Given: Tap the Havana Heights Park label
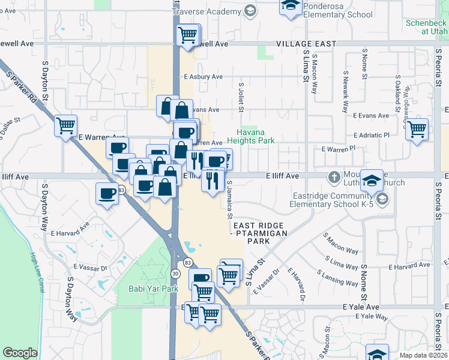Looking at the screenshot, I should pyautogui.click(x=255, y=136).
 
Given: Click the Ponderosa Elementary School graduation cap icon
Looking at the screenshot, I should pyautogui.click(x=290, y=7).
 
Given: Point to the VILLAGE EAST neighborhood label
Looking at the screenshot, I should pyautogui.click(x=306, y=44).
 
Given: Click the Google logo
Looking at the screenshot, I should pyautogui.click(x=20, y=353).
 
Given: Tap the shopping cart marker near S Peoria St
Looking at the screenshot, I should pyautogui.click(x=417, y=128).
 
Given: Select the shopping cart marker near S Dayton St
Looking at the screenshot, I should pyautogui.click(x=65, y=125).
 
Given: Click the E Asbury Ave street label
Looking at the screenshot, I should pyautogui.click(x=203, y=77).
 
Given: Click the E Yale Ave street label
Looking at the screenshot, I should pyautogui.click(x=361, y=307).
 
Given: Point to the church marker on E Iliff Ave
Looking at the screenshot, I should pyautogui.click(x=334, y=177).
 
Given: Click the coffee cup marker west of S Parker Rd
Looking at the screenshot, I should pyautogui.click(x=107, y=193).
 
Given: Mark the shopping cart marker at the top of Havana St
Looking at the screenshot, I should pyautogui.click(x=187, y=34).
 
